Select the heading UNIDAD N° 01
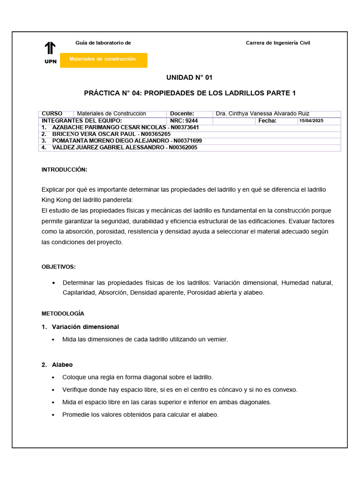[x=189, y=77]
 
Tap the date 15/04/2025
[x=311, y=121]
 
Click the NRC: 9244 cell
[x=184, y=120]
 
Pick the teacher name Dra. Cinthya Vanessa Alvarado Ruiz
[x=262, y=113]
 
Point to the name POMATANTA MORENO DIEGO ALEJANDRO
[x=109, y=141]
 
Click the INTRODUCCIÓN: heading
[x=64, y=170]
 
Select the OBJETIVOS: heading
[x=59, y=267]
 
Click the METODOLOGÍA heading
[x=63, y=313]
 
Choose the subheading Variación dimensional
[x=85, y=327]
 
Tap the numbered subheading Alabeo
[x=62, y=364]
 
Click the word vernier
[x=216, y=339]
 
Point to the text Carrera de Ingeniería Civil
[x=278, y=43]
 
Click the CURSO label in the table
[x=52, y=113]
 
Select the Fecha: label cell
[x=267, y=120]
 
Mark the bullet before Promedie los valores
[x=55, y=415]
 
